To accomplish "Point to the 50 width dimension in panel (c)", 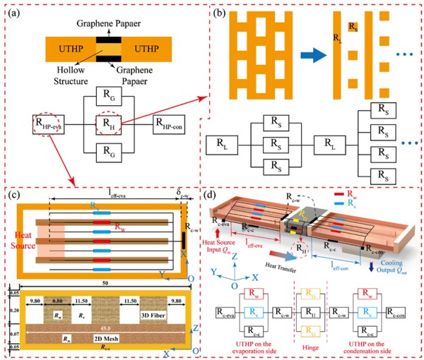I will tap(103, 281).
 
